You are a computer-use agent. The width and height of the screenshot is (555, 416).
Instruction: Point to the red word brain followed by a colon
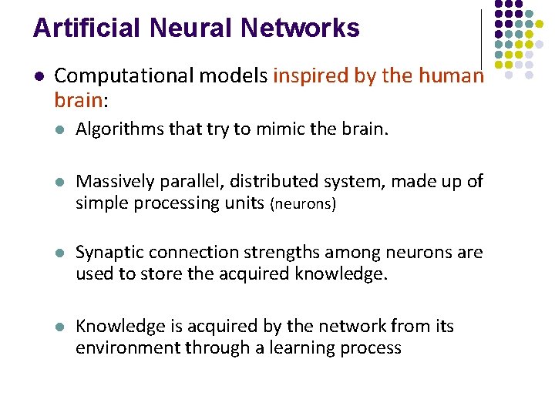(78, 100)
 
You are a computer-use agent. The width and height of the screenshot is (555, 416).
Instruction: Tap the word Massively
(113, 182)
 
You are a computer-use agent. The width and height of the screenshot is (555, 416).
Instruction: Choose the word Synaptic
(108, 253)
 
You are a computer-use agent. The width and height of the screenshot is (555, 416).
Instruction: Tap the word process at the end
(373, 349)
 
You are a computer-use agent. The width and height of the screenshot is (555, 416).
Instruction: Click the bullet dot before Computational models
(39, 77)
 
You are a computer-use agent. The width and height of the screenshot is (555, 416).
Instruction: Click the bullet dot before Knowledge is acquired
(60, 327)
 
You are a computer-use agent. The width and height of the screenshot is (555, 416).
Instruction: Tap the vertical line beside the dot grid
(483, 39)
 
